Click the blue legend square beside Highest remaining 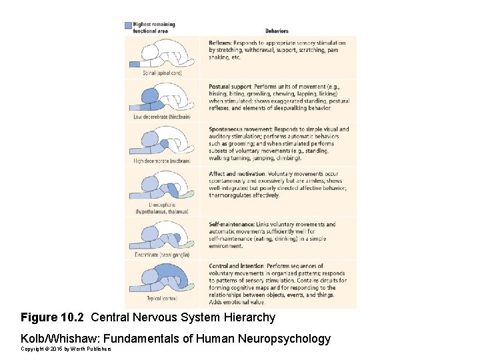(129, 26)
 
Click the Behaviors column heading (277, 31)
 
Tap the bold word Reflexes (221, 43)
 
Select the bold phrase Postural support (230, 87)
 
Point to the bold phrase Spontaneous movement (237, 129)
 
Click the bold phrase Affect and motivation (235, 174)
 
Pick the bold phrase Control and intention (236, 266)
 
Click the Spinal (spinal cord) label (162, 73)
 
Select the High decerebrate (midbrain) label (162, 161)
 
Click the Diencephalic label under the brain (162, 205)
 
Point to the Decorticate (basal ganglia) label (162, 255)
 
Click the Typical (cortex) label (162, 298)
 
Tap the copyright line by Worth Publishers (65, 349)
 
